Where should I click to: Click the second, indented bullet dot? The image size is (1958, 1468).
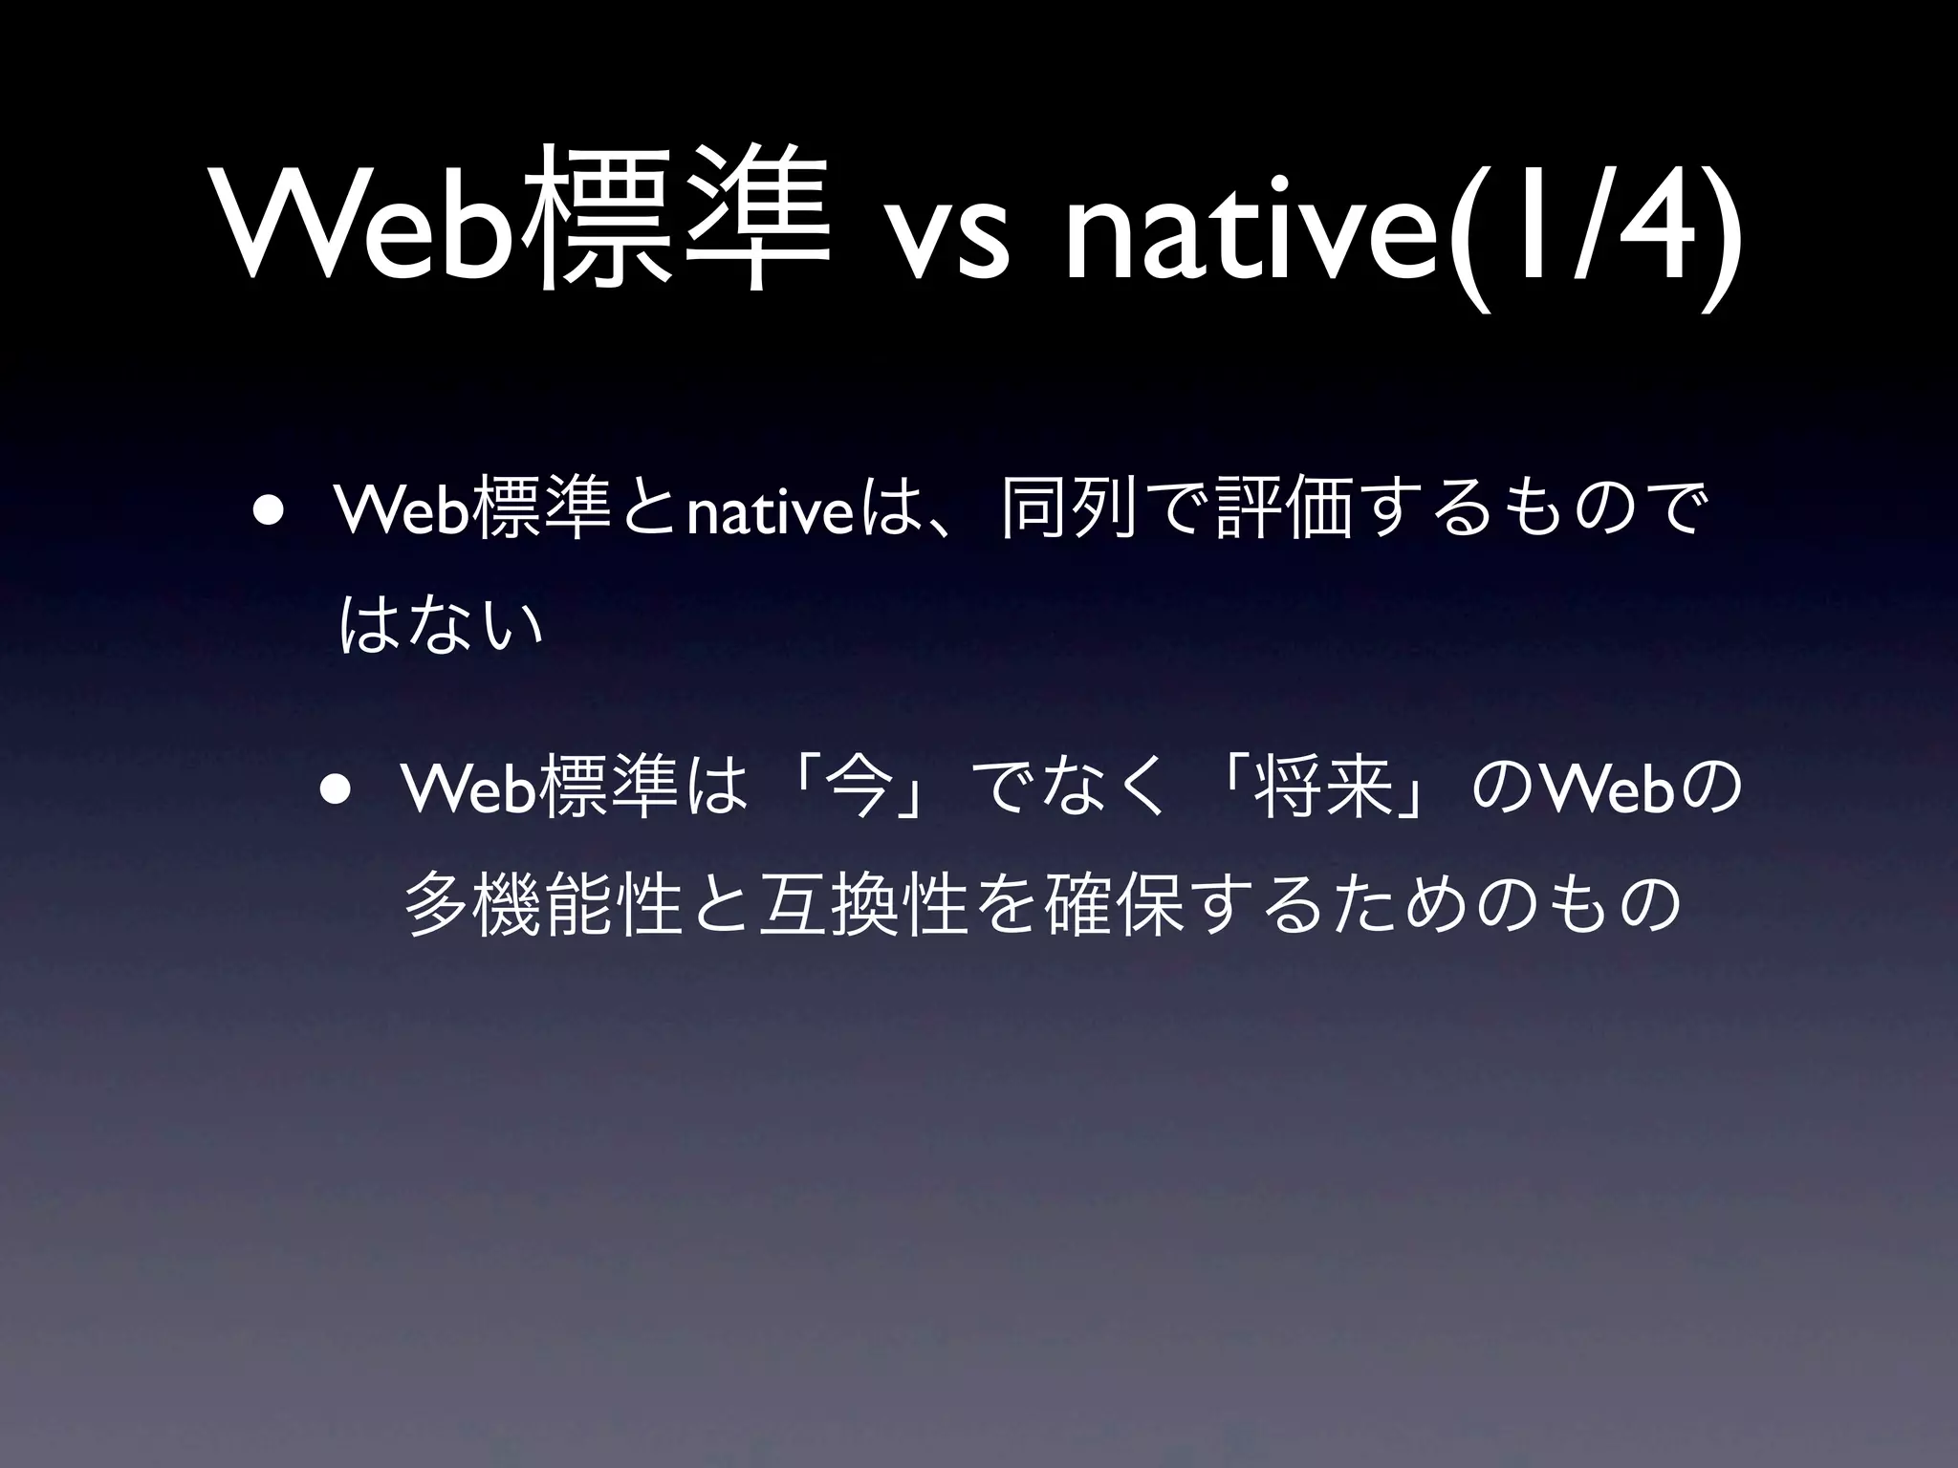coord(337,788)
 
